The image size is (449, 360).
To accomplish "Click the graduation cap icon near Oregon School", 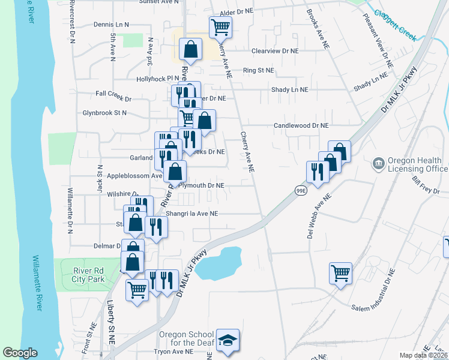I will [x=228, y=340].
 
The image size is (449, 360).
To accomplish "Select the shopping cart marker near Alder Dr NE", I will [x=220, y=26].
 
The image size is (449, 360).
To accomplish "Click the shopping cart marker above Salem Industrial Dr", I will [x=340, y=273].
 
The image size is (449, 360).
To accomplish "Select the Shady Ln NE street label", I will [x=289, y=89].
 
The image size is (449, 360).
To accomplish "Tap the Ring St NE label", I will [x=258, y=70].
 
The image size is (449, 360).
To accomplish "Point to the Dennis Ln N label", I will [x=112, y=25].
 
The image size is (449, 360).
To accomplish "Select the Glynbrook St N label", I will [x=104, y=112].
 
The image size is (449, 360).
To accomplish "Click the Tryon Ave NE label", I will [x=173, y=351].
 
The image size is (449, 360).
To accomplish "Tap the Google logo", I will [x=20, y=353].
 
